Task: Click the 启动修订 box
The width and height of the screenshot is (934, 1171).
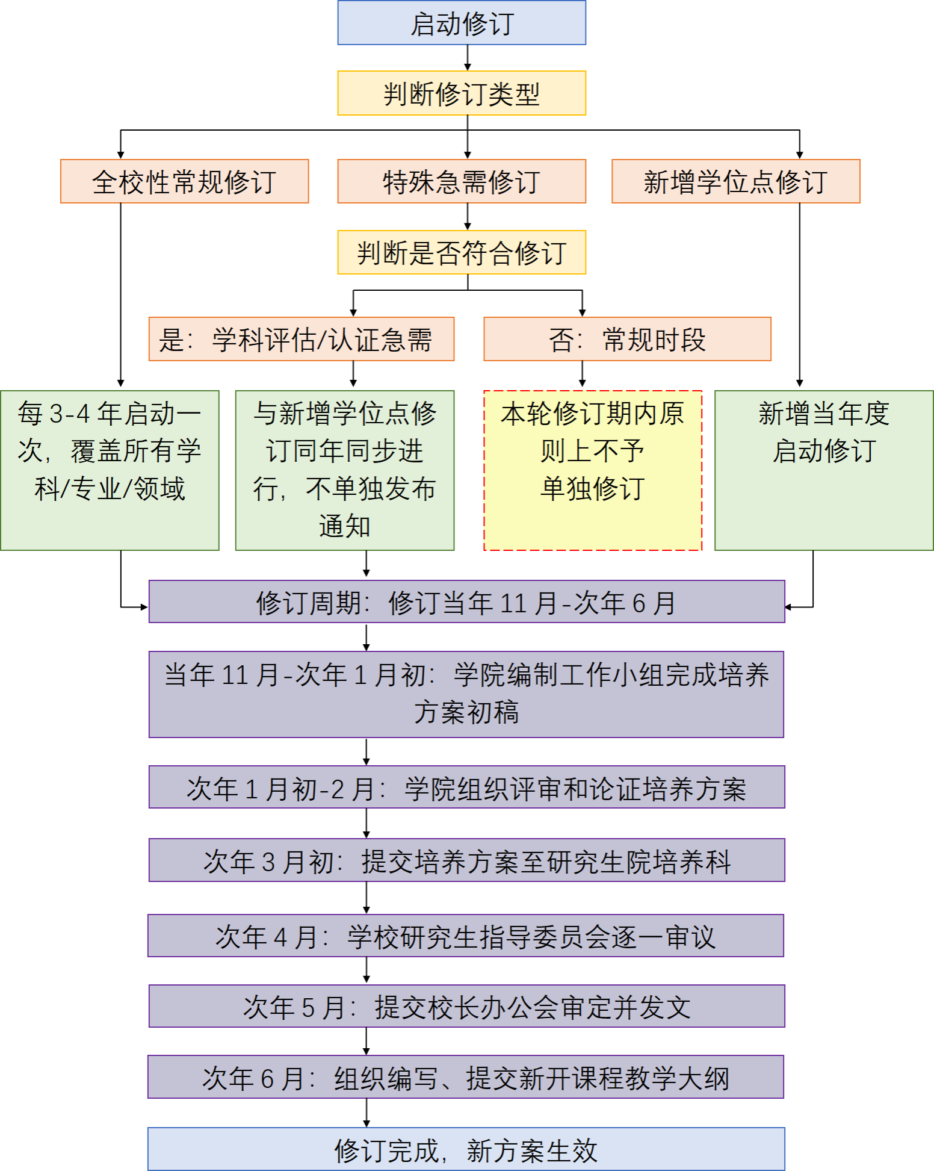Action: tap(462, 23)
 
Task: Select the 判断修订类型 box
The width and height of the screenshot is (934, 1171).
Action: tap(462, 93)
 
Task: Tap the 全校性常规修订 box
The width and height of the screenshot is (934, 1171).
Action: tap(184, 181)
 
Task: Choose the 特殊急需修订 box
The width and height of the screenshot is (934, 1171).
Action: tap(462, 181)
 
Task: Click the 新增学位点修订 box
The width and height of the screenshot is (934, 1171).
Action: tap(736, 181)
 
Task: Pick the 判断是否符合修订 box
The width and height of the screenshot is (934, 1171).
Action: tap(462, 252)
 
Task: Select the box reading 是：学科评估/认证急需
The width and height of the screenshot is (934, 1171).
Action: tap(301, 339)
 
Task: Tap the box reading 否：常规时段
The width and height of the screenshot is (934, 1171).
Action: tap(627, 339)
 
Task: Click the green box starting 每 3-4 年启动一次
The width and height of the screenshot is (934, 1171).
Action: tap(110, 470)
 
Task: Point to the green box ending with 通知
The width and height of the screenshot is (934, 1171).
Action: tap(344, 470)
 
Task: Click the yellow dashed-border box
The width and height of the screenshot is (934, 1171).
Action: tap(593, 470)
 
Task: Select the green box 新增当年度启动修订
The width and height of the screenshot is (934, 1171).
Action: tap(824, 470)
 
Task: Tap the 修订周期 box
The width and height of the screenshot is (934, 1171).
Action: tap(466, 601)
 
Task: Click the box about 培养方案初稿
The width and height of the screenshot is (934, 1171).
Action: tap(466, 694)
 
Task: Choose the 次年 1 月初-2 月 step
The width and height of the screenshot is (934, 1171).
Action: tap(466, 787)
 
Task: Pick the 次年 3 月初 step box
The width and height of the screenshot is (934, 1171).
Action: tap(466, 860)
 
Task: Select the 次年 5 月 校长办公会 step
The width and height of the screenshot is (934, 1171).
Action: tap(466, 1006)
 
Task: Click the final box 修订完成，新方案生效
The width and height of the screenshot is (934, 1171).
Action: tap(466, 1149)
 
